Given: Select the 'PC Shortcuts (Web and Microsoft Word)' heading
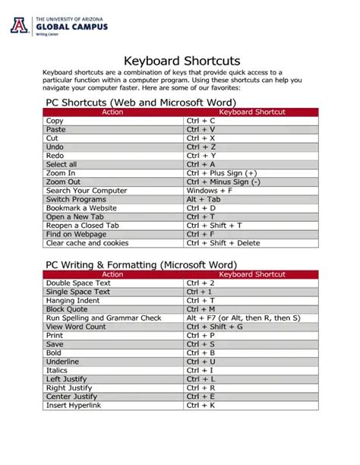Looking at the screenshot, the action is [x=141, y=102].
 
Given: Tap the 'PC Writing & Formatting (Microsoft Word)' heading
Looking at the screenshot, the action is [x=141, y=264].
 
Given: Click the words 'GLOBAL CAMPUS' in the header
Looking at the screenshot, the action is [x=68, y=27].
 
